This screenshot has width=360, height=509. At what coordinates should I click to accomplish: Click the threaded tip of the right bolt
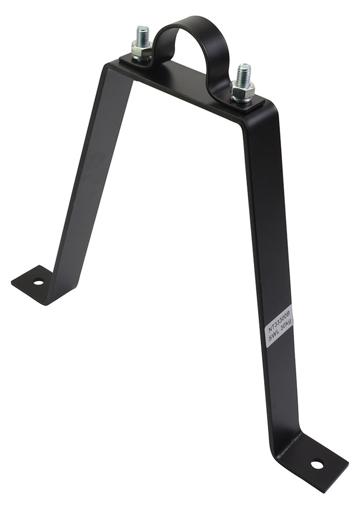click(x=244, y=74)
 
